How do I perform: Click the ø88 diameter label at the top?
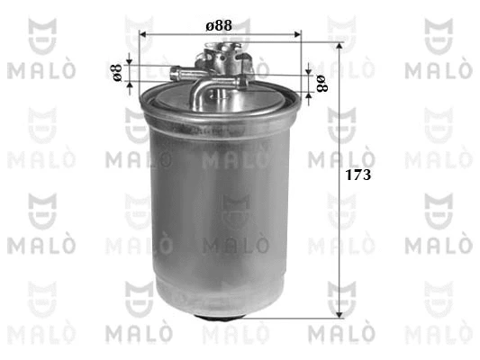(x=219, y=26)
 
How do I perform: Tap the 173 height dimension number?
(x=358, y=175)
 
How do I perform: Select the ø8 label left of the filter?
(x=117, y=73)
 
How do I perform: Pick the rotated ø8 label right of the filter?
(x=322, y=84)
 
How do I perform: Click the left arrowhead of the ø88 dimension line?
(x=142, y=34)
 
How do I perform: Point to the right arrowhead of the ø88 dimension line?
(x=297, y=34)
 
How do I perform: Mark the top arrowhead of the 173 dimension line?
(x=339, y=46)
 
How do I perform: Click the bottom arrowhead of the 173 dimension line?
(x=339, y=315)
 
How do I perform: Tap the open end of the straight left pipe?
(x=174, y=74)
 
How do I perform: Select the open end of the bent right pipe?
(x=242, y=82)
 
